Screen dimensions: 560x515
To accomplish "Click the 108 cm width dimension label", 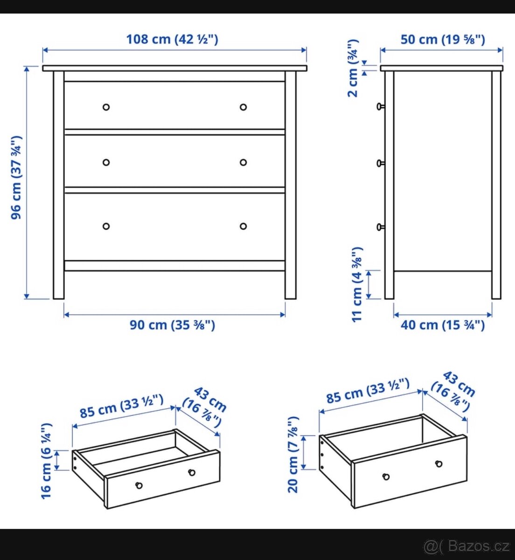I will click(172, 39).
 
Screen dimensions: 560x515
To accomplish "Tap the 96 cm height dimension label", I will click(17, 177).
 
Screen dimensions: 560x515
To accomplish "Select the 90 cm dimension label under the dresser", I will click(172, 325).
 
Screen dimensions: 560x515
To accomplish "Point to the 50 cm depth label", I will click(442, 40).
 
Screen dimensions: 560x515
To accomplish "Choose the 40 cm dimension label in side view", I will click(442, 325).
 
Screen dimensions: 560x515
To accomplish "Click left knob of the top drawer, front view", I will click(106, 107).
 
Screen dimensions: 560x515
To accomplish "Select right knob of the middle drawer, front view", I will click(243, 162).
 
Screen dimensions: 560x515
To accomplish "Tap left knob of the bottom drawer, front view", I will click(106, 226).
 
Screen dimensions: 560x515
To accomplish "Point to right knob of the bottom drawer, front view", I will click(243, 226).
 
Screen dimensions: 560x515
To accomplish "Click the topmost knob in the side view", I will click(380, 107).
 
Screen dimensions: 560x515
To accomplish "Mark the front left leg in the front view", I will click(58, 187).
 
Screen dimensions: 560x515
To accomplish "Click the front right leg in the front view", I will click(291, 187).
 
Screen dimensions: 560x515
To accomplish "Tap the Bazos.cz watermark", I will click(466, 545).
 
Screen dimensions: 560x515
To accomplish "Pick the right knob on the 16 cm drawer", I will click(192, 473).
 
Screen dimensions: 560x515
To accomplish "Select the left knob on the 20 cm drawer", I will click(386, 476).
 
